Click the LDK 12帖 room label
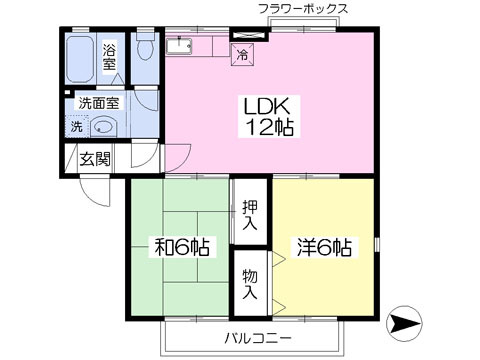269,116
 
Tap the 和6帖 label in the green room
182,247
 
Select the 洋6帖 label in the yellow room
324,247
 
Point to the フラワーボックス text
303,9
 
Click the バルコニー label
258,339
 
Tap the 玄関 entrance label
95,159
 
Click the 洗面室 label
99,103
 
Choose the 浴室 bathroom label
109,57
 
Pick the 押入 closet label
250,215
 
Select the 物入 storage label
250,284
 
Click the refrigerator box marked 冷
243,55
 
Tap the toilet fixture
145,46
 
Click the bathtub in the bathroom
80,59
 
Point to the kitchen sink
179,45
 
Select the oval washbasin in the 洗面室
103,127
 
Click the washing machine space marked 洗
77,126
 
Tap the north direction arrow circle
404,323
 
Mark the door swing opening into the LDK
177,156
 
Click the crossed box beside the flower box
250,36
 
